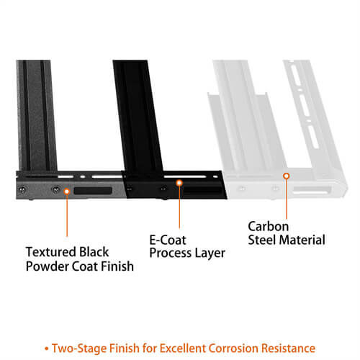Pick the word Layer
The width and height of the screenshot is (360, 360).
click(210, 253)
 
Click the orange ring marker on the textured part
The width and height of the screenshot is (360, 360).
click(66, 191)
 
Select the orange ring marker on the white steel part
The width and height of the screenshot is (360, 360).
click(286, 175)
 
